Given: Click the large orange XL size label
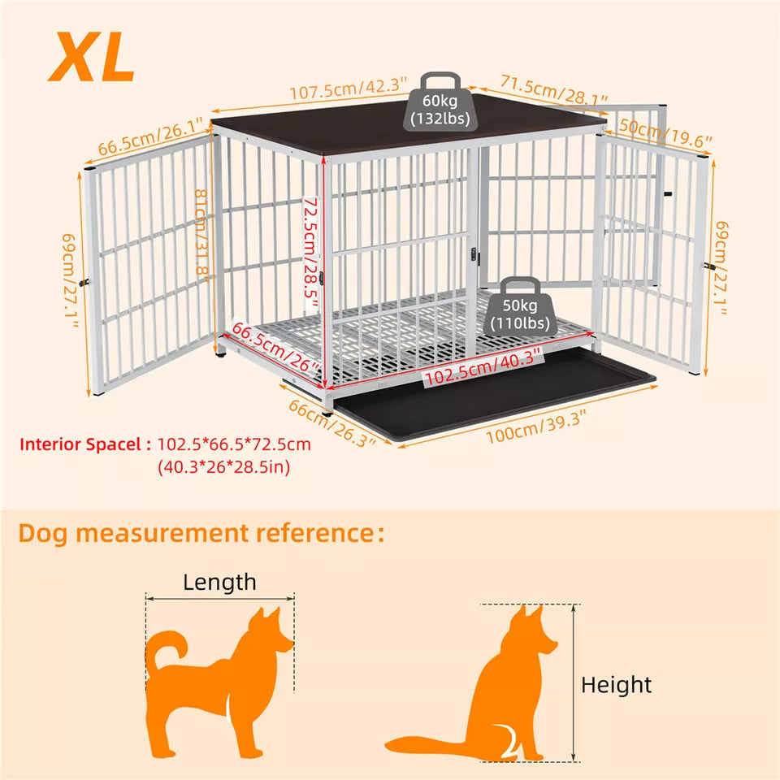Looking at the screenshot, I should click(91, 56).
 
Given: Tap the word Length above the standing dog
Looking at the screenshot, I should click(219, 582).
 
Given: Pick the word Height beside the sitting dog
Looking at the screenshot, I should click(616, 685).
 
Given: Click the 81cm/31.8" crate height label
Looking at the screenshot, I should click(203, 232).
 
